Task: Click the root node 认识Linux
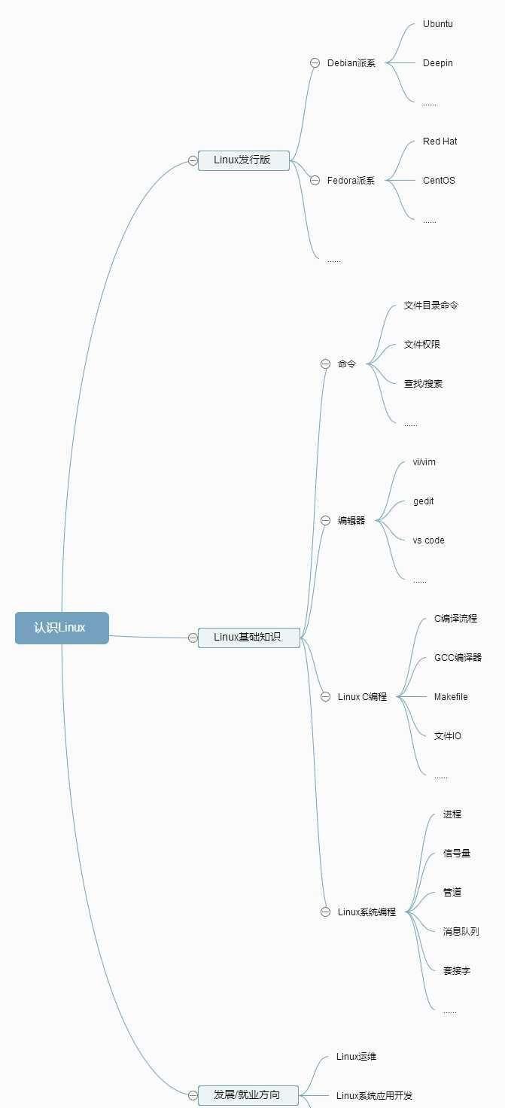point(62,628)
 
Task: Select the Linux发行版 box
point(243,160)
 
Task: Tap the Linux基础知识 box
point(248,638)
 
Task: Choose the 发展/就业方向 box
point(248,1095)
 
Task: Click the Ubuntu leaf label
point(438,24)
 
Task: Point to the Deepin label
point(438,63)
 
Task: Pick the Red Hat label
point(440,142)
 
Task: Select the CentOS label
point(439,181)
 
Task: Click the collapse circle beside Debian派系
point(315,63)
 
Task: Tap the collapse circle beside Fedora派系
point(315,181)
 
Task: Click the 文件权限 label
point(422,345)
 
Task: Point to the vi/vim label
point(424,462)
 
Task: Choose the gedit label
point(424,501)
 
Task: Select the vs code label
point(429,540)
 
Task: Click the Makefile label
point(451,697)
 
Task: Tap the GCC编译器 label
point(458,658)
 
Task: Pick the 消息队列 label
point(461,932)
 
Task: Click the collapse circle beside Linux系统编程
point(326,912)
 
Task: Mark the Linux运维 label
point(357,1057)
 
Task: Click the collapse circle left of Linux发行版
point(193,160)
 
